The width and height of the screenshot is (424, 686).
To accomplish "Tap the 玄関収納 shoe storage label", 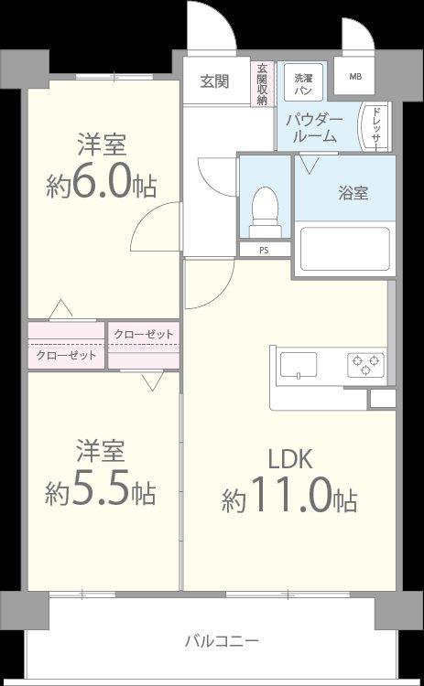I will coord(262,84).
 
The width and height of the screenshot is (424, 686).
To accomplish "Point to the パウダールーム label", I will coord(313,128).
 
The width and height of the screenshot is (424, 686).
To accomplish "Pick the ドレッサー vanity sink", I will coord(375,127).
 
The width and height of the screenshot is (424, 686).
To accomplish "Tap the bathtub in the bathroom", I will coord(344,248).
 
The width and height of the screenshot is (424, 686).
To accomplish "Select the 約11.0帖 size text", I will coord(288,499).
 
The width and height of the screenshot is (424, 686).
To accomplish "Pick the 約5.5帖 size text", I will coord(101,492).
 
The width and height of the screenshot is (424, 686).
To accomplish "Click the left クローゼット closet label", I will coord(66,355).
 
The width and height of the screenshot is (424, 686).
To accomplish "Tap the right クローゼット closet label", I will coord(143,334).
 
